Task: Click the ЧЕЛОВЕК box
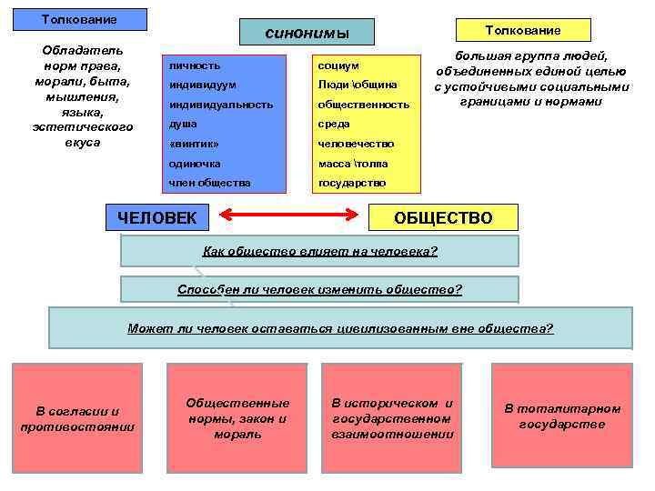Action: coord(157,216)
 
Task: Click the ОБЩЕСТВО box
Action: coord(443,217)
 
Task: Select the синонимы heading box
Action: coord(307,33)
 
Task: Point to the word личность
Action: coord(195,65)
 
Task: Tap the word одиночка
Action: coord(195,164)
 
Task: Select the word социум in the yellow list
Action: coord(338,65)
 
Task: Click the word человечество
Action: coord(356,144)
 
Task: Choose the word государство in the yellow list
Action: coord(352,183)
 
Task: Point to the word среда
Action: coord(334,124)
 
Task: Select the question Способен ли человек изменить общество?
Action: coord(319,289)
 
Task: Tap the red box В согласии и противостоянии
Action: coord(77,418)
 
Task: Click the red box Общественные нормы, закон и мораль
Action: coord(237,418)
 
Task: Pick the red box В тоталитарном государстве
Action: coord(561,418)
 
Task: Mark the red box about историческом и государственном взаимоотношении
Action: coord(392,418)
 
